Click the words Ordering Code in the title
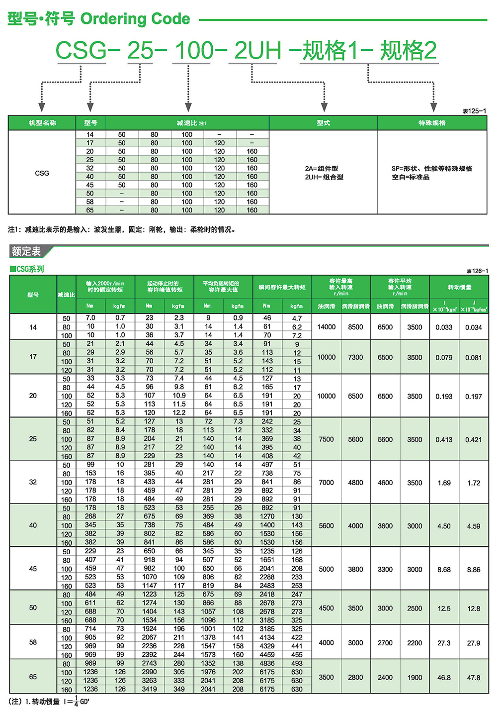click(x=135, y=19)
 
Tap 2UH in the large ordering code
click(x=257, y=51)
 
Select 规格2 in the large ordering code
click(x=408, y=51)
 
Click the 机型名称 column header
click(x=42, y=123)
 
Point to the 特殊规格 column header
click(x=432, y=123)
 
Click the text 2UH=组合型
click(x=324, y=177)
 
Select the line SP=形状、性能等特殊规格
click(x=431, y=169)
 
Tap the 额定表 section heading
click(x=26, y=251)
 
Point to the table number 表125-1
click(x=475, y=111)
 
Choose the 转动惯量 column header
click(x=459, y=287)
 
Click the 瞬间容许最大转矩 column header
click(x=282, y=287)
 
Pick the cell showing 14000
click(x=327, y=327)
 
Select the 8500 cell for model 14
click(x=355, y=327)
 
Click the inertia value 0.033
click(x=444, y=327)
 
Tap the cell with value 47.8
click(x=474, y=678)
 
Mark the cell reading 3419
click(x=150, y=689)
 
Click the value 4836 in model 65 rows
click(x=267, y=663)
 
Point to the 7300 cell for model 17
click(x=355, y=357)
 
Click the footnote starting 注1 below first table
click(x=122, y=229)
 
